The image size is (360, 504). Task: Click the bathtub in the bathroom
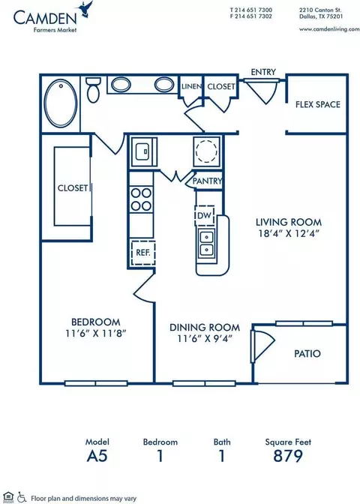pyautogui.click(x=61, y=103)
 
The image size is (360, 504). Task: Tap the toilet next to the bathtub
pyautogui.click(x=94, y=90)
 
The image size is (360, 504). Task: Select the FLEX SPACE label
pyautogui.click(x=318, y=104)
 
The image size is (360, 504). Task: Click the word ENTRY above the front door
pyautogui.click(x=263, y=72)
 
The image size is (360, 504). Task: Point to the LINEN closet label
pyautogui.click(x=191, y=86)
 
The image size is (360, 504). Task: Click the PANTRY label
pyautogui.click(x=207, y=181)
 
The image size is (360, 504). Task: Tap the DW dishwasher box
pyautogui.click(x=205, y=216)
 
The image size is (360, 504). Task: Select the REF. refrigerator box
pyautogui.click(x=143, y=253)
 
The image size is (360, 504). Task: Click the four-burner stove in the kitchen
pyautogui.click(x=141, y=199)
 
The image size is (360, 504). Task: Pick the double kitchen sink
pyautogui.click(x=206, y=243)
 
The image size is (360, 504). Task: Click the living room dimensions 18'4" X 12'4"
pyautogui.click(x=288, y=233)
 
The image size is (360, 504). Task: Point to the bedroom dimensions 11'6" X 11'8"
pyautogui.click(x=95, y=333)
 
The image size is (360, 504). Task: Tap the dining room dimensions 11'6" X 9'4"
pyautogui.click(x=205, y=338)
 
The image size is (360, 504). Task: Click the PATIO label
pyautogui.click(x=307, y=353)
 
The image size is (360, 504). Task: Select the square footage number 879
pyautogui.click(x=288, y=456)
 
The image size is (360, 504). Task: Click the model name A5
pyautogui.click(x=97, y=456)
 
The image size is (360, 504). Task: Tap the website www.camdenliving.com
pyautogui.click(x=329, y=29)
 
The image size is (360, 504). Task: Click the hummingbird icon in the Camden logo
pyautogui.click(x=84, y=8)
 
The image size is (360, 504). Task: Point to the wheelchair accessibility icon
pyautogui.click(x=22, y=497)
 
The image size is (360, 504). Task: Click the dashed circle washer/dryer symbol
pyautogui.click(x=207, y=151)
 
